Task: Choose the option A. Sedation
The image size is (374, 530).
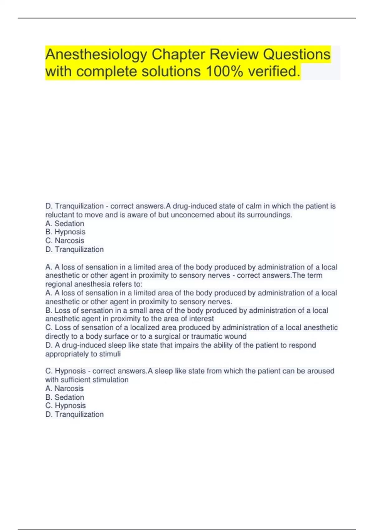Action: click(x=65, y=224)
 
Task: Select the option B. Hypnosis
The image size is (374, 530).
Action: click(x=65, y=232)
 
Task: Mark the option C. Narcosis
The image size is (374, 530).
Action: click(x=65, y=241)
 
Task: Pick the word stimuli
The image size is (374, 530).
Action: click(x=110, y=354)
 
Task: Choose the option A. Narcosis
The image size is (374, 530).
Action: click(x=65, y=388)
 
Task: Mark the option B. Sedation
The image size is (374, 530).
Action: click(x=65, y=397)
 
